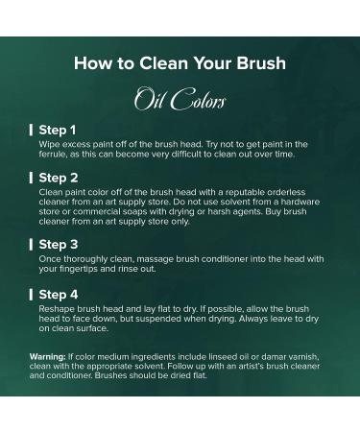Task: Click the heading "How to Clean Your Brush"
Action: click(x=180, y=62)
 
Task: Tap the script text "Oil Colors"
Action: click(x=180, y=99)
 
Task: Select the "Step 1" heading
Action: click(x=58, y=131)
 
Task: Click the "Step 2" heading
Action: click(x=59, y=178)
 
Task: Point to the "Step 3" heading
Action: click(x=59, y=245)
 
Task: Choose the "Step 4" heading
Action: click(x=59, y=295)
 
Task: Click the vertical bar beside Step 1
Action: click(x=31, y=131)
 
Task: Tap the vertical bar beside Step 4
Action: click(x=31, y=295)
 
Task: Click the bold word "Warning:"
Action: click(x=48, y=357)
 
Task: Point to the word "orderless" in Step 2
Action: click(x=286, y=192)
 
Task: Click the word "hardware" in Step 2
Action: click(x=300, y=202)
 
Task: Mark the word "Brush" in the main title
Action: click(x=261, y=62)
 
